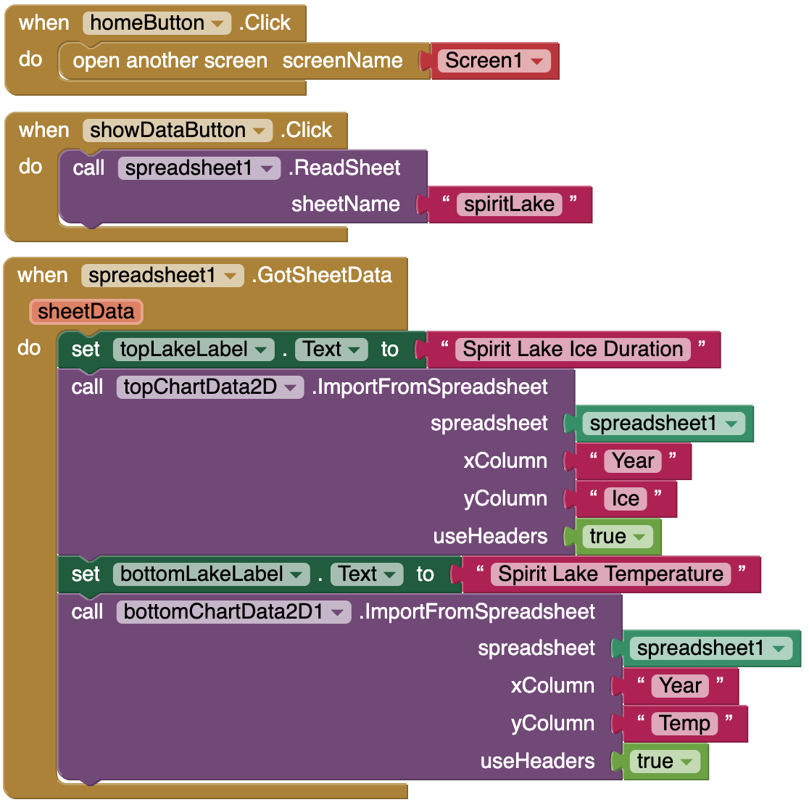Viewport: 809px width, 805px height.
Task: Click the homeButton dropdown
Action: point(157,23)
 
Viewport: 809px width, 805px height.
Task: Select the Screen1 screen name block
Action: point(494,61)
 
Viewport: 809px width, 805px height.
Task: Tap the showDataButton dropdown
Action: point(178,131)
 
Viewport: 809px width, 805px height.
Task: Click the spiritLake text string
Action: point(509,205)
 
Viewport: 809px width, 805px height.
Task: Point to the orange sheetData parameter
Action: point(86,312)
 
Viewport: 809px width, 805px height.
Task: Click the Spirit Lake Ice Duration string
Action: point(573,350)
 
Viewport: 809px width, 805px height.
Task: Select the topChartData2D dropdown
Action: point(210,387)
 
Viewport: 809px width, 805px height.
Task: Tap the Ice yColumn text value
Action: point(626,499)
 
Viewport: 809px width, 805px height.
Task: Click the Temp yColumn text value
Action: point(684,724)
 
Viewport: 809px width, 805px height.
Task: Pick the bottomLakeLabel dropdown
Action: point(211,574)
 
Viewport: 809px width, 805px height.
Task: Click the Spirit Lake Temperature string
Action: point(611,574)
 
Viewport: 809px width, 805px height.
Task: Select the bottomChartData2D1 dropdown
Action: point(233,612)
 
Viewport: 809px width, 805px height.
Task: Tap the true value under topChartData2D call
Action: point(618,537)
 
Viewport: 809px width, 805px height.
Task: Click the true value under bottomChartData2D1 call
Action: point(665,761)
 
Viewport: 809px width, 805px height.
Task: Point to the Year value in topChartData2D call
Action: point(633,461)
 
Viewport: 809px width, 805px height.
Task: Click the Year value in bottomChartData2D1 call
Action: point(680,686)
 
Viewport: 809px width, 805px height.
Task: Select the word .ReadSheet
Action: point(344,168)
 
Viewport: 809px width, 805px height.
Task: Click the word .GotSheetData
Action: point(322,276)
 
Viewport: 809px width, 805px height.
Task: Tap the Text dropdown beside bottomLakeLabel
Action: point(367,574)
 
